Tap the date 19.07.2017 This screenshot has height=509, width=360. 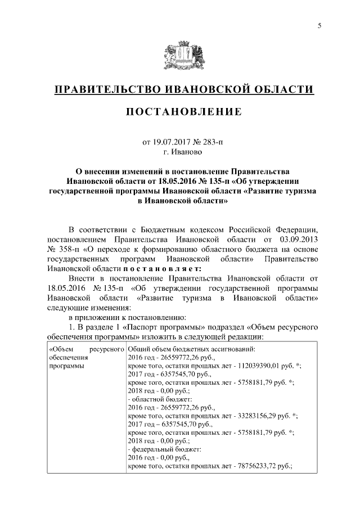click(x=173, y=143)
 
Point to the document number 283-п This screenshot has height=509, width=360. click(x=211, y=143)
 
